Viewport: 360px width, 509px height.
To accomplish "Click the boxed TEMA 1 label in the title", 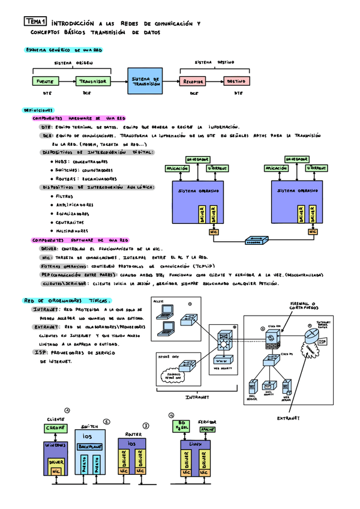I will [x=36, y=21].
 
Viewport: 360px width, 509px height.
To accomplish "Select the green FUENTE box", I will [x=45, y=81].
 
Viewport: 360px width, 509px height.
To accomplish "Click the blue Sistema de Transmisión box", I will [x=145, y=82].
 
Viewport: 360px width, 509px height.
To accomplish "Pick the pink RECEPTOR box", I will [x=194, y=81].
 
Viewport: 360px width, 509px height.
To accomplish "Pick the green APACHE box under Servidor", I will [x=208, y=430].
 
